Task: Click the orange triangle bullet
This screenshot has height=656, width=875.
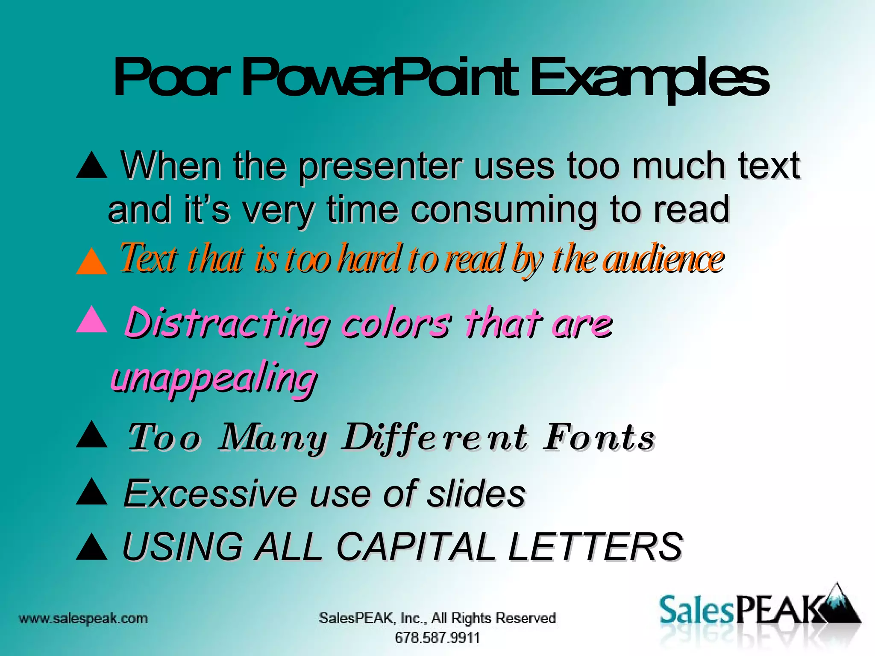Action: pos(91,261)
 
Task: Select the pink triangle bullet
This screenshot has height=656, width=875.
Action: pos(91,319)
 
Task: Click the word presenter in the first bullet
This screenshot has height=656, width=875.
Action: pos(380,167)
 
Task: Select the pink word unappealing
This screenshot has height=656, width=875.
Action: pos(214,378)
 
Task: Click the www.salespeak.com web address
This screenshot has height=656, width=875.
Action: pos(83,618)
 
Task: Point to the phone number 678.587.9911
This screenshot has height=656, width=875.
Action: pos(437,638)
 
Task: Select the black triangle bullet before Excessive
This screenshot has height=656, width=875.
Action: pos(91,492)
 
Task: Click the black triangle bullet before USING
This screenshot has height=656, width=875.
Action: pos(91,548)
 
